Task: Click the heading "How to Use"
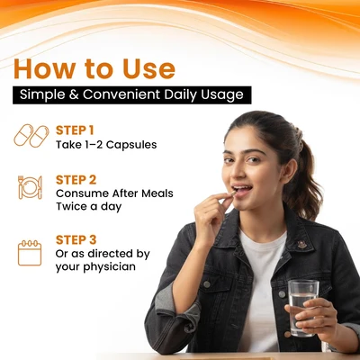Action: [x=94, y=68]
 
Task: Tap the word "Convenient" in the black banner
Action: [x=121, y=94]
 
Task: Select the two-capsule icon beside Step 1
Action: [x=31, y=136]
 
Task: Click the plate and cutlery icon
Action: [x=30, y=187]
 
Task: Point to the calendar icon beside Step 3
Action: [x=30, y=253]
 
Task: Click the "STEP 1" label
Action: [x=75, y=130]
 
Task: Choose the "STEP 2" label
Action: [x=76, y=180]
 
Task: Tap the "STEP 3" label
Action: [x=76, y=240]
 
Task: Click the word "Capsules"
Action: [x=131, y=145]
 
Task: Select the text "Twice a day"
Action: [x=88, y=207]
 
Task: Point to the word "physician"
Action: [x=109, y=266]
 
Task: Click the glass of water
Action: [x=303, y=308]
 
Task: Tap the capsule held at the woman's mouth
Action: [x=233, y=193]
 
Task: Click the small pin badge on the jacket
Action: [x=301, y=244]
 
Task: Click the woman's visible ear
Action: [x=289, y=170]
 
